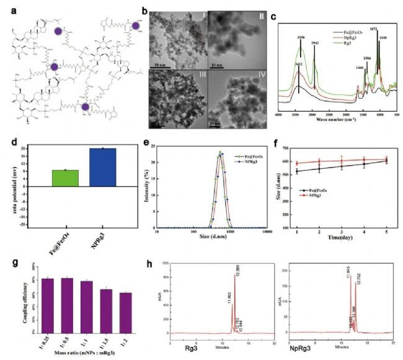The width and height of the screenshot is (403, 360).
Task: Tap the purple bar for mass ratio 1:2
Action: [126, 312]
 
